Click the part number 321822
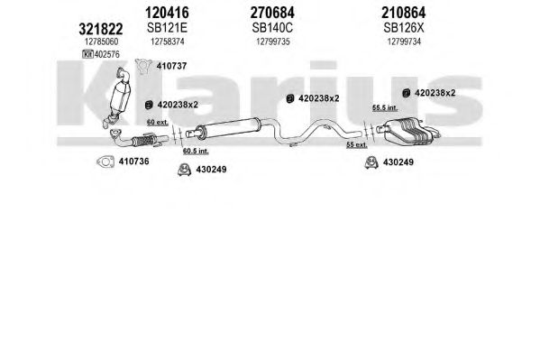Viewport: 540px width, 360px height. [x=101, y=29]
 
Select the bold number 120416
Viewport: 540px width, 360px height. [x=167, y=13]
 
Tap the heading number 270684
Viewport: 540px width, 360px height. [x=272, y=13]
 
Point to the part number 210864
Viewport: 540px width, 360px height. [x=403, y=13]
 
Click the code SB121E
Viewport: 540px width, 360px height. [x=167, y=28]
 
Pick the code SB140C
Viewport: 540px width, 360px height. [x=272, y=28]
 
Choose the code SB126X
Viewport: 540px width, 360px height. [x=404, y=28]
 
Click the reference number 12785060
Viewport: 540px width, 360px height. [x=101, y=42]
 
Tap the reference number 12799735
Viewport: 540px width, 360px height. [x=273, y=42]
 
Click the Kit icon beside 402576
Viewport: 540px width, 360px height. [x=87, y=54]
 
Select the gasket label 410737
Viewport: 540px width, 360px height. [x=171, y=66]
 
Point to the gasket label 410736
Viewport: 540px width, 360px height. [x=134, y=161]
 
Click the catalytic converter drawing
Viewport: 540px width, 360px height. [x=119, y=97]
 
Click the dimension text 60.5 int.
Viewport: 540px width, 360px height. [x=196, y=151]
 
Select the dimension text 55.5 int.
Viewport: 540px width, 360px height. [x=385, y=108]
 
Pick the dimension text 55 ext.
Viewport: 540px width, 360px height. [x=357, y=145]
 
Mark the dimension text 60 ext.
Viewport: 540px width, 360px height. [x=158, y=122]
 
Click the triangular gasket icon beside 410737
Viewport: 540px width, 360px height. [x=143, y=66]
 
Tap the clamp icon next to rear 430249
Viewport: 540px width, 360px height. [x=371, y=162]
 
